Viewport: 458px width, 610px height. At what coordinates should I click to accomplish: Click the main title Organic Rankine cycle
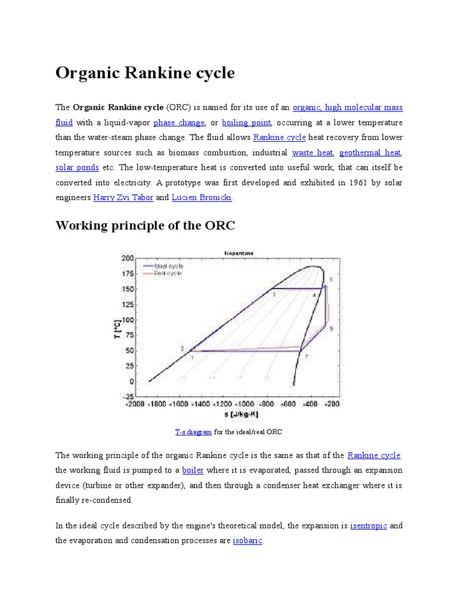tap(145, 73)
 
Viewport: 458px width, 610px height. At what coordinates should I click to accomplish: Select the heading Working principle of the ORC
tap(146, 226)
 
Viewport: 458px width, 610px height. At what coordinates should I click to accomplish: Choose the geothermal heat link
tap(370, 153)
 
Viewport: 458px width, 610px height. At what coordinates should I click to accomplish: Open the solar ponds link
tap(78, 168)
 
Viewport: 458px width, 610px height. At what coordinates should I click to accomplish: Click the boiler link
tap(193, 470)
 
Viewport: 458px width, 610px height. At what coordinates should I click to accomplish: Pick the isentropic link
tap(369, 526)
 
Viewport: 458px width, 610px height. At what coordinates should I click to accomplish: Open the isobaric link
tap(247, 541)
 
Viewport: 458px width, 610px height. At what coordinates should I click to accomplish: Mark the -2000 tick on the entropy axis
tap(134, 404)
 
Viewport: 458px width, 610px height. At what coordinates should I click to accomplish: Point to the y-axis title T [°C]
tap(117, 328)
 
